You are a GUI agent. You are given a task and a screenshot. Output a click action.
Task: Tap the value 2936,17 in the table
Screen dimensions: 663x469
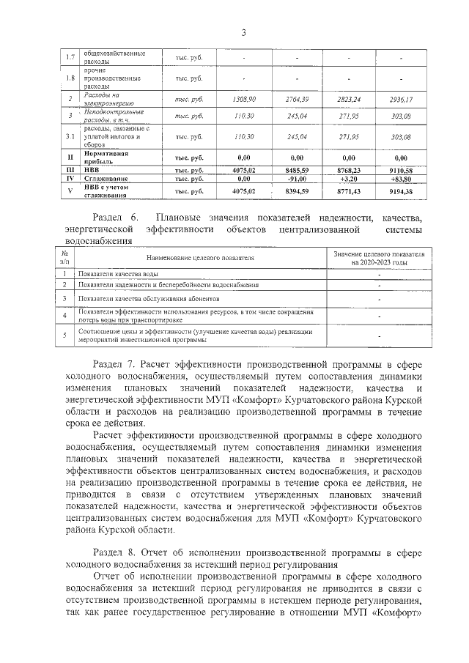[401, 98]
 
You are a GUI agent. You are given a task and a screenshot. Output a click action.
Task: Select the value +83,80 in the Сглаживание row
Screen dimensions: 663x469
[401, 178]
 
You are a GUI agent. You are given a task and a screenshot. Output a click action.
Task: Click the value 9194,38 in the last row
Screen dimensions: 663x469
[401, 191]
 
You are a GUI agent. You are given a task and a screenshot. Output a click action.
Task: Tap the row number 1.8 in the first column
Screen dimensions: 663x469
[70, 78]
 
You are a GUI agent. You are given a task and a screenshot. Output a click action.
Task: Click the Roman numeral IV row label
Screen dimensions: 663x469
[70, 178]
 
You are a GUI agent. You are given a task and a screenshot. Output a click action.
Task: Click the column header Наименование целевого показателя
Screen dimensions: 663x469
[200, 259]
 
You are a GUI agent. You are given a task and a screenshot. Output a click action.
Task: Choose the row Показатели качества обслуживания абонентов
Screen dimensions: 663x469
[147, 299]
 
